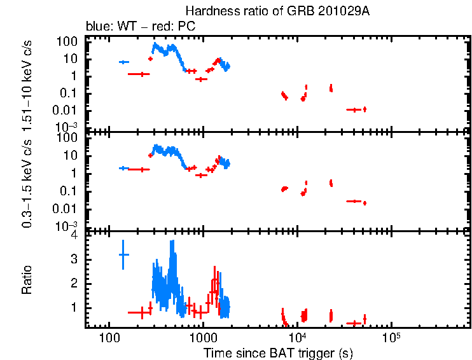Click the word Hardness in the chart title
[205, 11]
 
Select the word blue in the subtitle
[97, 27]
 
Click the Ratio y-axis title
[27, 280]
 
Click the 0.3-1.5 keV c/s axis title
[27, 184]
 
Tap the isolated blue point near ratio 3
[124, 254]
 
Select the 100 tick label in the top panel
[69, 41]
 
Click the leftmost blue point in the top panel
[124, 62]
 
